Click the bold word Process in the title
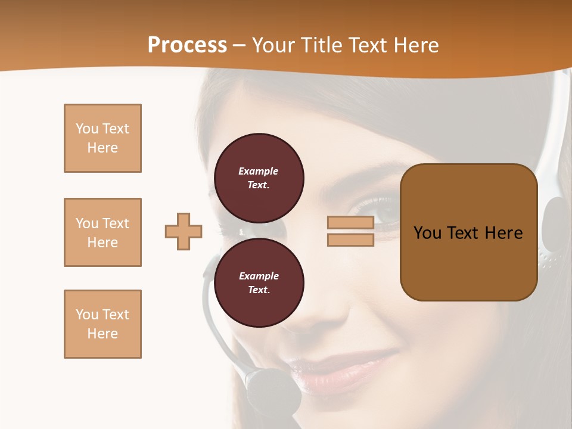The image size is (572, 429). (187, 45)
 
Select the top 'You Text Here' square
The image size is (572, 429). (102, 138)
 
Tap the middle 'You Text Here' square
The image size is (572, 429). (102, 232)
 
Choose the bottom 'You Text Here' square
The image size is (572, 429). (102, 324)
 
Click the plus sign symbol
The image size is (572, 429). (184, 231)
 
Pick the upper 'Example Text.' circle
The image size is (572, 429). (259, 178)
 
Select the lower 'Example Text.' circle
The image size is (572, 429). (259, 283)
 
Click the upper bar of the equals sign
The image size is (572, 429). (350, 223)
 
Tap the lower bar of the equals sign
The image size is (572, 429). (350, 240)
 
